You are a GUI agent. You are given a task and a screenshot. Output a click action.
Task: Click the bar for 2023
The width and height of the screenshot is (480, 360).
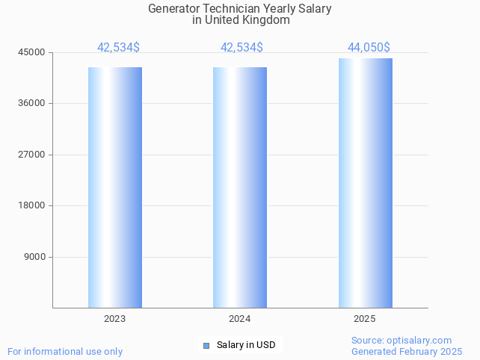click(115, 187)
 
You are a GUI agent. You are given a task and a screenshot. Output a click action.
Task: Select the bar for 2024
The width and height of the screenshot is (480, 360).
click(240, 187)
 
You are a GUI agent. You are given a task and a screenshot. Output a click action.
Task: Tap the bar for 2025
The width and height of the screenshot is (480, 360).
click(365, 183)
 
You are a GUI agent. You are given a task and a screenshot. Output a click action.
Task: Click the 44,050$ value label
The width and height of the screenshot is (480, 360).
click(369, 48)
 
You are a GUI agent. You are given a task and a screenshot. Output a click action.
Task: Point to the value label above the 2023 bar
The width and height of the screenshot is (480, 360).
click(118, 48)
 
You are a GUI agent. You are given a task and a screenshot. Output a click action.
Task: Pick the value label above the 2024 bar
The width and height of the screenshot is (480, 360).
click(241, 48)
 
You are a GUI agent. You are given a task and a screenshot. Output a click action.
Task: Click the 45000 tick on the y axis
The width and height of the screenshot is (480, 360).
click(32, 52)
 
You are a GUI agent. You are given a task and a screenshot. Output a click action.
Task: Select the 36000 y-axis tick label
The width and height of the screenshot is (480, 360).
click(32, 103)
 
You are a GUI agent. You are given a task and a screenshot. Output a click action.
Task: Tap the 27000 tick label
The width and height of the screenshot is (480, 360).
click(32, 155)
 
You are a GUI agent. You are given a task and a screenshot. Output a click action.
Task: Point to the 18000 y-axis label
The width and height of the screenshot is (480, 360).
click(32, 205)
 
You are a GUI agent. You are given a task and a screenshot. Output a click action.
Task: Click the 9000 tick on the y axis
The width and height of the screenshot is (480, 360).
click(34, 257)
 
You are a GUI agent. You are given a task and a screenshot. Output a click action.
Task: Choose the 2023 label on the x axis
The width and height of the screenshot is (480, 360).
click(115, 319)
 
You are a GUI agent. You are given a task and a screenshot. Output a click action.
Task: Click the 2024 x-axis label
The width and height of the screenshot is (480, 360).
click(240, 319)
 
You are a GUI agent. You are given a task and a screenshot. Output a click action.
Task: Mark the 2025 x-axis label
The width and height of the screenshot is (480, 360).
click(365, 319)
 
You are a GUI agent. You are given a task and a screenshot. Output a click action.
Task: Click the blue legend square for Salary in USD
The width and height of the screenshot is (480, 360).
click(206, 345)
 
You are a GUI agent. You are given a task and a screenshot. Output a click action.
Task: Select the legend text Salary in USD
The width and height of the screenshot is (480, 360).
click(246, 345)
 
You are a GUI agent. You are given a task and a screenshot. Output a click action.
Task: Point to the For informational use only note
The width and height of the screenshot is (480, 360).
click(65, 351)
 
